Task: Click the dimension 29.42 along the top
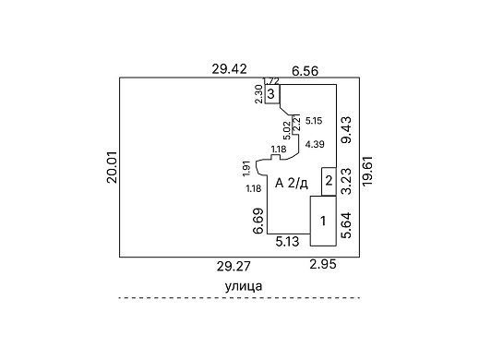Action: coord(229,69)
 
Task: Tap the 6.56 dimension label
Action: coord(305,71)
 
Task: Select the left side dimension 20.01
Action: coord(113,167)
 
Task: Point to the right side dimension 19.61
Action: coord(367,171)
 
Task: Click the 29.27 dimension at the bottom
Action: coord(234,266)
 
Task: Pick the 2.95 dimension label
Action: coord(323,264)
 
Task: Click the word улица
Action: coord(244,286)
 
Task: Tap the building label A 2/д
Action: coord(292,184)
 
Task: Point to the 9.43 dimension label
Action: coord(346,129)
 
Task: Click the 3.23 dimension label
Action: coord(346,182)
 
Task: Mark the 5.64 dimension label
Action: coord(346,225)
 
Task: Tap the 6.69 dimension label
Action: coord(258,221)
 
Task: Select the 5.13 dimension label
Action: coord(287,242)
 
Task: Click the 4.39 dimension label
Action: coord(315,144)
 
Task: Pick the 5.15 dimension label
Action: coord(314,121)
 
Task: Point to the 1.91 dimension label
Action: coord(246,169)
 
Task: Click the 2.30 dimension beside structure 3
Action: coord(259,94)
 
